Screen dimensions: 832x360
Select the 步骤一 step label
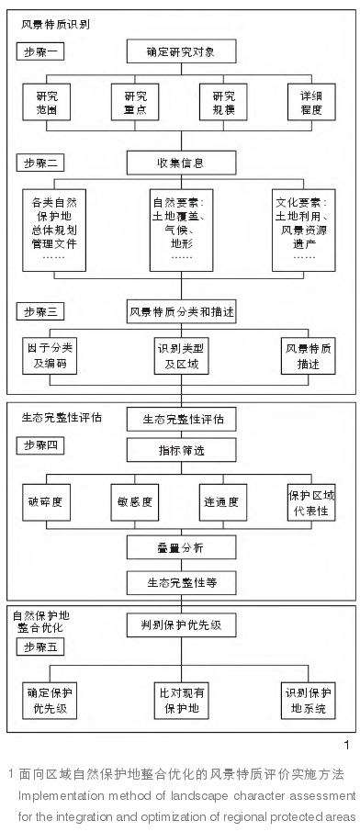[x=43, y=52]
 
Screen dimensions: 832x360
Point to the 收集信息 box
[x=180, y=163]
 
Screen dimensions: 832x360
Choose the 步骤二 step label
[x=43, y=163]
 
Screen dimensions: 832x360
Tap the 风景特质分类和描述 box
[x=180, y=311]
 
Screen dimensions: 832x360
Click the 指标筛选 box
[x=180, y=450]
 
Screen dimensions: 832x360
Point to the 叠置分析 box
[x=180, y=548]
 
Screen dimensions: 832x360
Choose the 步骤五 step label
[x=43, y=647]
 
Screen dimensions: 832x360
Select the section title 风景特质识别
[x=56, y=23]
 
